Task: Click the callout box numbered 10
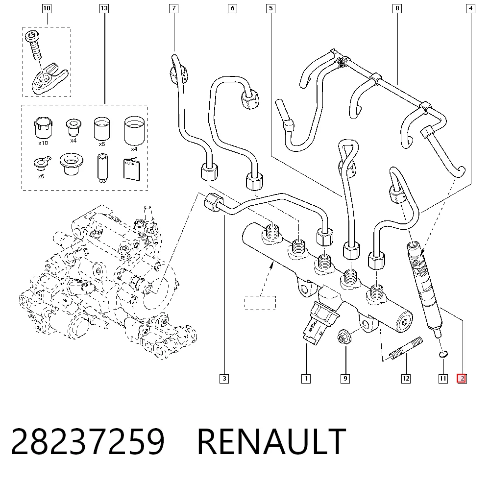(x=47, y=8)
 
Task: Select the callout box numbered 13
(x=104, y=8)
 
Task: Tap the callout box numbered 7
(x=174, y=8)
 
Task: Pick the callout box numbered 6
(x=232, y=8)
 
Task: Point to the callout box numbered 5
(x=271, y=8)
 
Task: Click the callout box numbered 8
(x=397, y=8)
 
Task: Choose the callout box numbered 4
(x=470, y=8)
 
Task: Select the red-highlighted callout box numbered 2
(x=462, y=379)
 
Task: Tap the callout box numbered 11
(x=443, y=379)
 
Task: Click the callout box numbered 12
(x=406, y=379)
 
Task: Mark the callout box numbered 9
(x=345, y=379)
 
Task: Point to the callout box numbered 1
(x=306, y=379)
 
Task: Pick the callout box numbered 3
(x=224, y=379)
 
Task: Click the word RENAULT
(x=271, y=441)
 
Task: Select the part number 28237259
(x=88, y=441)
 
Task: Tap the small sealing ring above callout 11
(x=443, y=354)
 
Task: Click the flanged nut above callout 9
(x=344, y=337)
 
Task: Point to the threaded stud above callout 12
(x=405, y=348)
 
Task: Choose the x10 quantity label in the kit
(x=43, y=143)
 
